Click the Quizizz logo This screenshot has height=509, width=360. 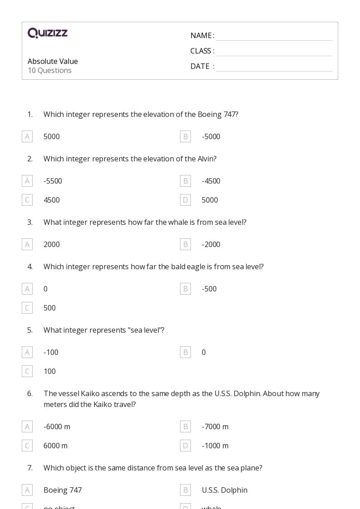coord(48,33)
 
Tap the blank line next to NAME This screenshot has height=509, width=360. coord(274,36)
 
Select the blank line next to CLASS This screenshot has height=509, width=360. coord(274,52)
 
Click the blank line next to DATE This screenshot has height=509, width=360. coord(274,67)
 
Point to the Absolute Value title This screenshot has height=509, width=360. coord(53,61)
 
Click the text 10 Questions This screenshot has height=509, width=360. coord(49,70)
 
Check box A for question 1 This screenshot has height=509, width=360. coord(27,136)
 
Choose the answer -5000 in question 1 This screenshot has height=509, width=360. coord(211,136)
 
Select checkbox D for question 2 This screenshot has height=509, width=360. coord(185,200)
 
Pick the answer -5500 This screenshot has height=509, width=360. coord(53,181)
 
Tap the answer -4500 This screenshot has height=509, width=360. coord(211,181)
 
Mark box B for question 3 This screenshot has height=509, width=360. coord(185,244)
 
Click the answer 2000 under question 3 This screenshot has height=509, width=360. coord(52,244)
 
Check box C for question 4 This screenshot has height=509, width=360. coord(27,308)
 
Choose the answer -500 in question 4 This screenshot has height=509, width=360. coord(209,289)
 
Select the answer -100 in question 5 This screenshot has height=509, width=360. coord(51,352)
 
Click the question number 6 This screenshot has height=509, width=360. coord(30,393)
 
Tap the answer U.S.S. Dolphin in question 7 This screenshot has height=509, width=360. coord(224,490)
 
